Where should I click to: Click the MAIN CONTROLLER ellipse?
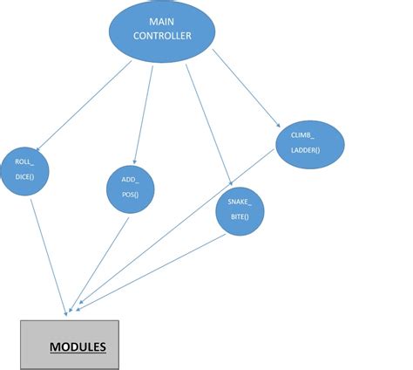pyautogui.click(x=162, y=32)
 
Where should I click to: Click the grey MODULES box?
pyautogui.click(x=70, y=345)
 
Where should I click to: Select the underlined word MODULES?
pyautogui.click(x=78, y=346)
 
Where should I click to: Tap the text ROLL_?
pyautogui.click(x=24, y=161)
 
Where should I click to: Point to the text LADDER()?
pyautogui.click(x=306, y=150)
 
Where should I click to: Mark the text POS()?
pyautogui.click(x=131, y=194)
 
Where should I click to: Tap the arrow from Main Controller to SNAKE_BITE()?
pyautogui.click(x=207, y=122)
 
